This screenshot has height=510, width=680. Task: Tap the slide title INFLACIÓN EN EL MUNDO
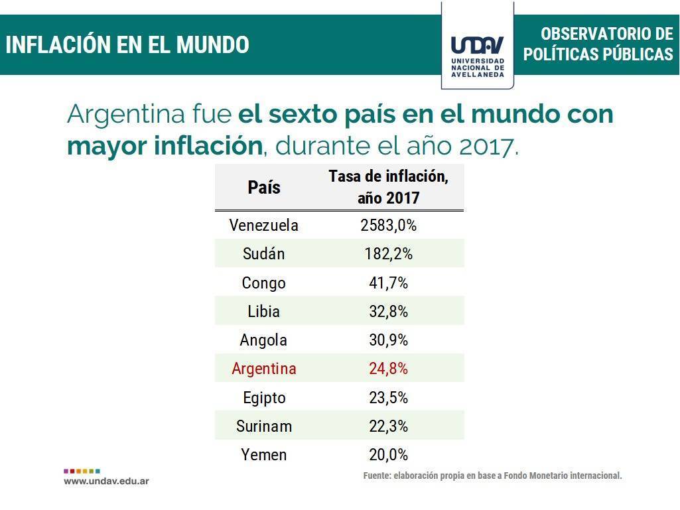[127, 45]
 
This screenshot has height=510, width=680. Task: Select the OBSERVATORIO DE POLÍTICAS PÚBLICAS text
[598, 44]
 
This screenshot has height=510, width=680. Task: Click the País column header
[264, 187]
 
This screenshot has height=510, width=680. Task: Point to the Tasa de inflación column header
[388, 187]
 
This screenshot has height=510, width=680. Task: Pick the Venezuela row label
[263, 225]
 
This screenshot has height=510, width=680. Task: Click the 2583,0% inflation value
[388, 225]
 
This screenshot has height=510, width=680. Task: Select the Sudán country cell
[263, 254]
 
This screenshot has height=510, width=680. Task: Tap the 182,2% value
[388, 254]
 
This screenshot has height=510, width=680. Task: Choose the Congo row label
[263, 283]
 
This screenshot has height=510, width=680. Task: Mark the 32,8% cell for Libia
[388, 312]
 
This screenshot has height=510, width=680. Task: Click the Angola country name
[263, 340]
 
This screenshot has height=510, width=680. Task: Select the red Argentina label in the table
[263, 369]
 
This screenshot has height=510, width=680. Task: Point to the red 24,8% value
[388, 369]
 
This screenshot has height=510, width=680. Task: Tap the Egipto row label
[263, 398]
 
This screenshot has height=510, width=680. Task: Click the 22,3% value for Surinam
[388, 426]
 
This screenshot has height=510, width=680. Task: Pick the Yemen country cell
[263, 455]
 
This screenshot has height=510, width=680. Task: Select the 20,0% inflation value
[388, 455]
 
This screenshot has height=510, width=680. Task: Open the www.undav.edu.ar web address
[106, 480]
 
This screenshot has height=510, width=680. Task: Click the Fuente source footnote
[492, 476]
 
